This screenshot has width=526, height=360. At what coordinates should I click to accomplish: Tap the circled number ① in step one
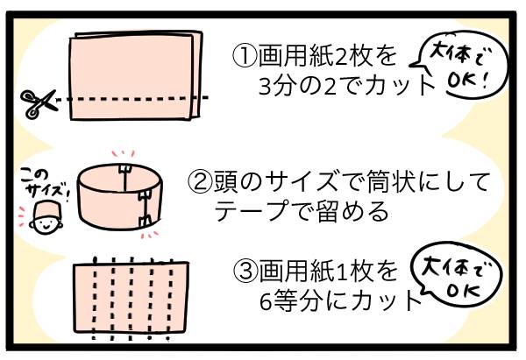click(243, 57)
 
